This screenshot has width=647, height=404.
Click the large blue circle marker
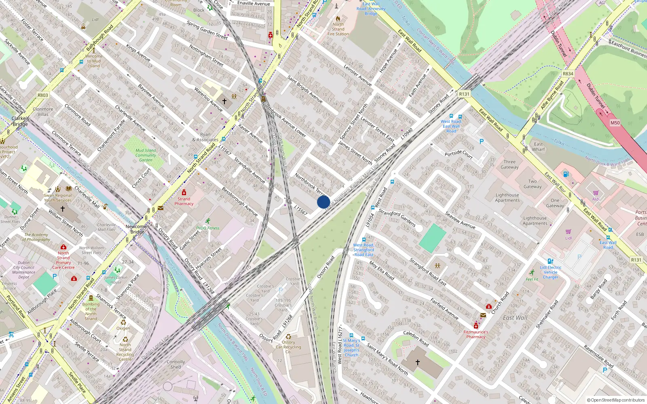[323, 202]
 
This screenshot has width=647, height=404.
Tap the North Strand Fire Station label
[338, 29]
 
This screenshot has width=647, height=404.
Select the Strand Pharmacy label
[184, 201]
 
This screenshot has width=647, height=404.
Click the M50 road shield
[615, 123]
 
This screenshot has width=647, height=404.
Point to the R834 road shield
[568, 74]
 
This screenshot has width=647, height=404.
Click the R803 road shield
[42, 95]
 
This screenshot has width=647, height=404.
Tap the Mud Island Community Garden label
[146, 155]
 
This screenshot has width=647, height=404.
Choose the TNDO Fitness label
[207, 228]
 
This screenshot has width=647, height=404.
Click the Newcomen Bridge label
[137, 229]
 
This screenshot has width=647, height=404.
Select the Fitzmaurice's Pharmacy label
[476, 334]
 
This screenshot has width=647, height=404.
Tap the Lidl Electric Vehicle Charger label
[551, 272]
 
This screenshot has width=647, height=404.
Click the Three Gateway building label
[510, 164]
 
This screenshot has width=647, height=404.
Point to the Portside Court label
[459, 154]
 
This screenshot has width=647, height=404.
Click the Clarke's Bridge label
[20, 121]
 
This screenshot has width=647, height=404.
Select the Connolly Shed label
[175, 364]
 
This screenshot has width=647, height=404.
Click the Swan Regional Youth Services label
[58, 198]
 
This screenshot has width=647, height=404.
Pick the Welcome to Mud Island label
[94, 61]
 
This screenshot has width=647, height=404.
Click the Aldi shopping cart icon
[596, 193]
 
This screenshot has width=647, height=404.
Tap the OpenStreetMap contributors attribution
[616, 400]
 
